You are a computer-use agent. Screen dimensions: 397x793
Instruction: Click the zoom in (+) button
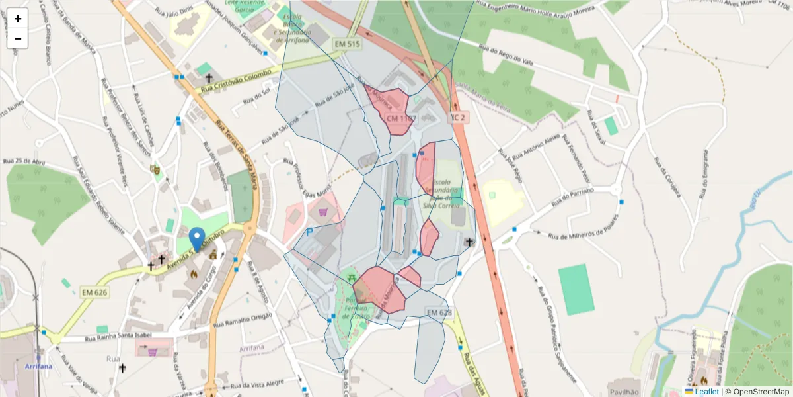[18, 19]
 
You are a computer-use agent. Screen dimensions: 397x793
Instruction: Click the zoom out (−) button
[18, 38]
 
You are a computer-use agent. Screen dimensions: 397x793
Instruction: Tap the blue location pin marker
[196, 240]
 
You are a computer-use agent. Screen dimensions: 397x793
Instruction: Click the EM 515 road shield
[348, 44]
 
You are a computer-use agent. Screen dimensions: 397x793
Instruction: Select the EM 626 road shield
[94, 292]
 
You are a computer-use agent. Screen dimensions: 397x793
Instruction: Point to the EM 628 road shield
[439, 312]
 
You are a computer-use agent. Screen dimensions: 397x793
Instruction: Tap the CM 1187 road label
[400, 118]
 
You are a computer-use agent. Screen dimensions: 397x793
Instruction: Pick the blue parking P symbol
[310, 233]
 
